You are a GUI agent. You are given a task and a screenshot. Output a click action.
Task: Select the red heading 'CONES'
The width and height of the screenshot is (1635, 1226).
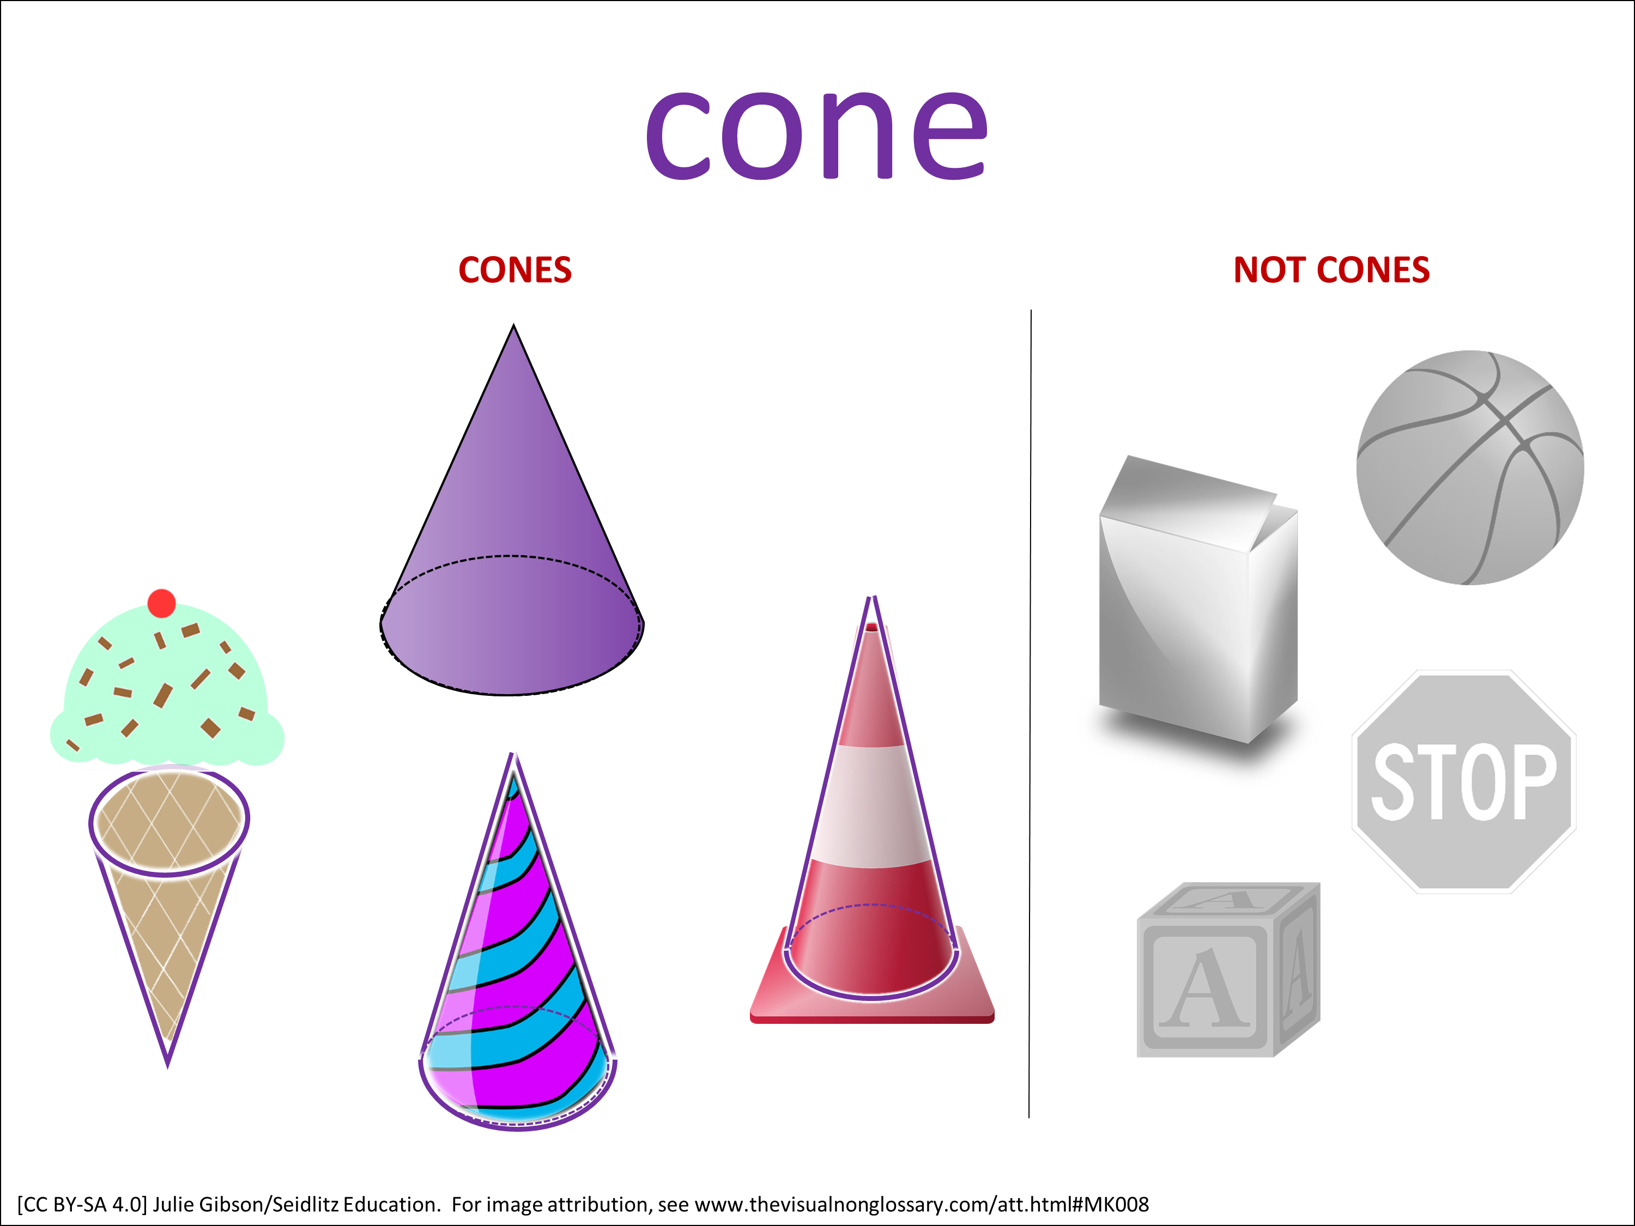515,270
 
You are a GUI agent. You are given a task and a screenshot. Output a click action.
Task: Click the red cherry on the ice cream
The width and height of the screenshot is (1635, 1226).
161,603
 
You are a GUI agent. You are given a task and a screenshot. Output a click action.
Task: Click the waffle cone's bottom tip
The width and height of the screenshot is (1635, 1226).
168,1066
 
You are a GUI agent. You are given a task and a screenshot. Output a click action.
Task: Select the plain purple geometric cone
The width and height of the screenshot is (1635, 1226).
512,510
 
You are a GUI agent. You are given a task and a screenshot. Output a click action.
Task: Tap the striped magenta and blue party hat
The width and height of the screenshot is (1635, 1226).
517,942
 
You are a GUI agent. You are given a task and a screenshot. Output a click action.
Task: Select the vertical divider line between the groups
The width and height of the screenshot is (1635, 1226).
1030,714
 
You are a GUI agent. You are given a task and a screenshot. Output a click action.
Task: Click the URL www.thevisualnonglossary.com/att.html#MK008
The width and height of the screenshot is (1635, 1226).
922,1205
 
